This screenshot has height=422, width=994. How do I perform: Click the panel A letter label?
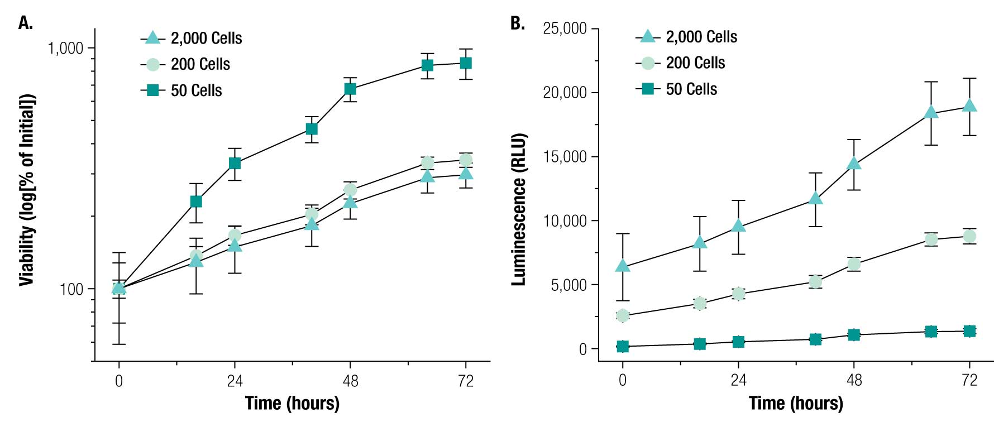pyautogui.click(x=26, y=23)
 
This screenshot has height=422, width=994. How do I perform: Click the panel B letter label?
pyautogui.click(x=518, y=23)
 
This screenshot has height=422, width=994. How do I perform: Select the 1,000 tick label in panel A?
pyautogui.click(x=65, y=49)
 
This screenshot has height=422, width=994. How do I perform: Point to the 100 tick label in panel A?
pyautogui.click(x=71, y=290)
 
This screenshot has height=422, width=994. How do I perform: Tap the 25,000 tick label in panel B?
pyautogui.click(x=565, y=28)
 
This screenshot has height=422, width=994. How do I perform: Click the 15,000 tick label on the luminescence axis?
pyautogui.click(x=565, y=157)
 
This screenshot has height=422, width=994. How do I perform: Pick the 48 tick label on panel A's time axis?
pyautogui.click(x=350, y=381)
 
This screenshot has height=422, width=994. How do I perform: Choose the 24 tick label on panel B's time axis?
pyautogui.click(x=738, y=380)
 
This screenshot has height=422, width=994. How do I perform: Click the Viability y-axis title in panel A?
pyautogui.click(x=27, y=190)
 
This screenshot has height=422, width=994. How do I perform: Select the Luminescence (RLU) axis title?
pyautogui.click(x=519, y=209)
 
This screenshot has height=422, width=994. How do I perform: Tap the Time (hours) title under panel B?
pyautogui.click(x=796, y=403)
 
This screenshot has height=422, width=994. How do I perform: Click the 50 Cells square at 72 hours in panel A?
pyautogui.click(x=466, y=63)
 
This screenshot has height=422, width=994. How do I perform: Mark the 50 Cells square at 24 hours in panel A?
pyautogui.click(x=235, y=164)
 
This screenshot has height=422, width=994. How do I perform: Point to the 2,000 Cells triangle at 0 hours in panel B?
pyautogui.click(x=623, y=266)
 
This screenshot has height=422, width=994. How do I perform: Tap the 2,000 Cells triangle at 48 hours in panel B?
pyautogui.click(x=854, y=164)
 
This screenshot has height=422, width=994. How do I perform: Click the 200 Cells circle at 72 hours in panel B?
pyautogui.click(x=970, y=237)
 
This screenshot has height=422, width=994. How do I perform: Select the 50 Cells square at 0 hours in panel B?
pyautogui.click(x=623, y=347)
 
